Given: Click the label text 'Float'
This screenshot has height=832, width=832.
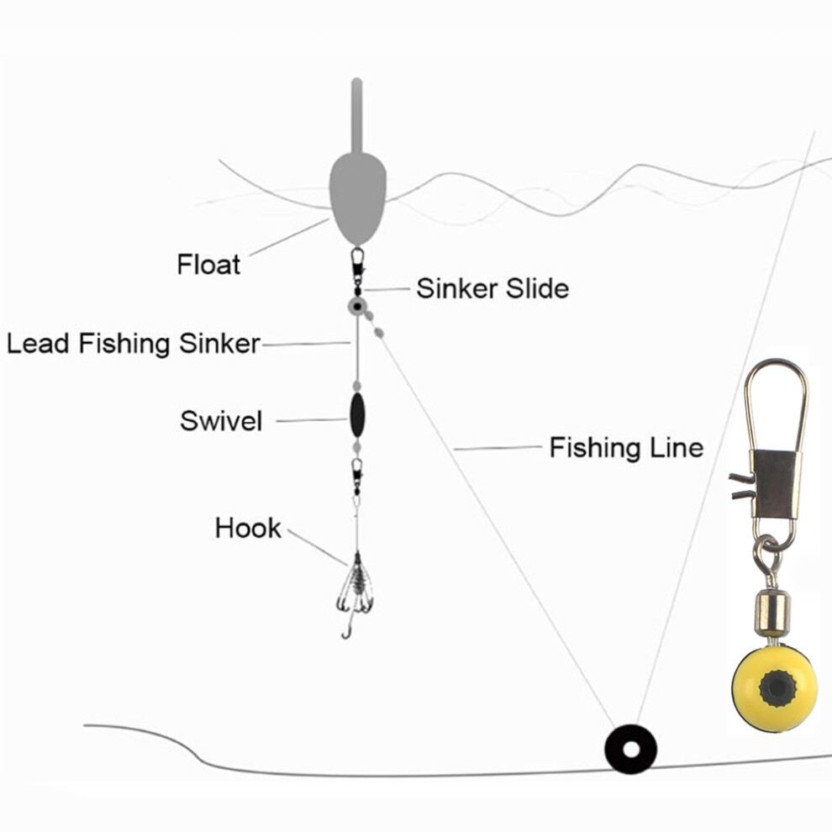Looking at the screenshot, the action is (x=208, y=264).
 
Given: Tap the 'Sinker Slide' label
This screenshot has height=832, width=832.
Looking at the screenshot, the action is (x=492, y=288).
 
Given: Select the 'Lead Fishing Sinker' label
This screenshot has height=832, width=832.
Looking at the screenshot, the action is (x=133, y=344).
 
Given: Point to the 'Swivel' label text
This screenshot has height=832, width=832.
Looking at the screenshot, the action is (x=221, y=421).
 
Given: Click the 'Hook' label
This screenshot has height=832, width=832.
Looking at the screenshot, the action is (x=248, y=528).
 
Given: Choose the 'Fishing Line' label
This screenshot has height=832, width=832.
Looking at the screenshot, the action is (x=626, y=447).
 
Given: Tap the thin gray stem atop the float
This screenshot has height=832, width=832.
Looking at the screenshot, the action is (x=356, y=116).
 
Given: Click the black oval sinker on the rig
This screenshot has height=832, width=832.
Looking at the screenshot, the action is (x=357, y=415).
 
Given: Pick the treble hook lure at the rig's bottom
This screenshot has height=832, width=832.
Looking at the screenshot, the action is (x=355, y=594).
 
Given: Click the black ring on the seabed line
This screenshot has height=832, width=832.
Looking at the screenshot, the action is (x=630, y=749).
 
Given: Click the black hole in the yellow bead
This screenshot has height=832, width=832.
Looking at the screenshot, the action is (x=777, y=688).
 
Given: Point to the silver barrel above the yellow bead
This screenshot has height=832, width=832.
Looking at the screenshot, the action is (x=772, y=614).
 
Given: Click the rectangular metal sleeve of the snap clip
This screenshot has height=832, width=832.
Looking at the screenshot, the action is (x=775, y=484).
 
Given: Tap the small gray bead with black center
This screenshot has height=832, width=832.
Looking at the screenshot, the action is (x=357, y=306).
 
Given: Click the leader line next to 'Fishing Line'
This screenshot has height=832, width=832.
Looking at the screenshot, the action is (x=498, y=449).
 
